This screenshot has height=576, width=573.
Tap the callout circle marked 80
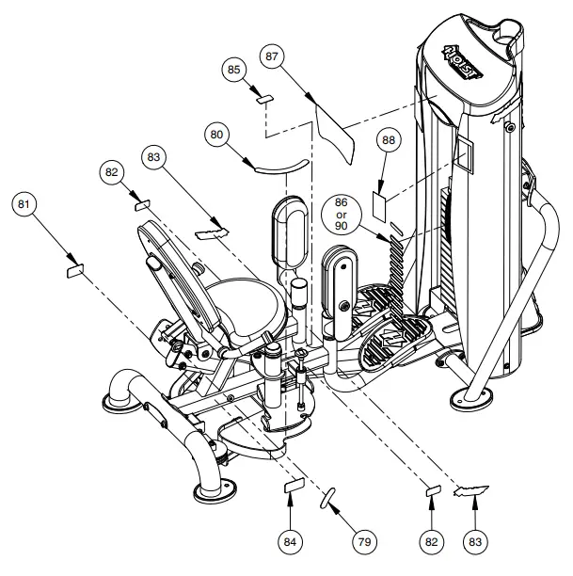click(218, 135)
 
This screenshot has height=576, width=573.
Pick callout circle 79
click(362, 541)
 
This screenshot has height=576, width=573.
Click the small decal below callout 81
click(73, 271)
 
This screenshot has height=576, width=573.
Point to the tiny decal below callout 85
click(264, 97)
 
